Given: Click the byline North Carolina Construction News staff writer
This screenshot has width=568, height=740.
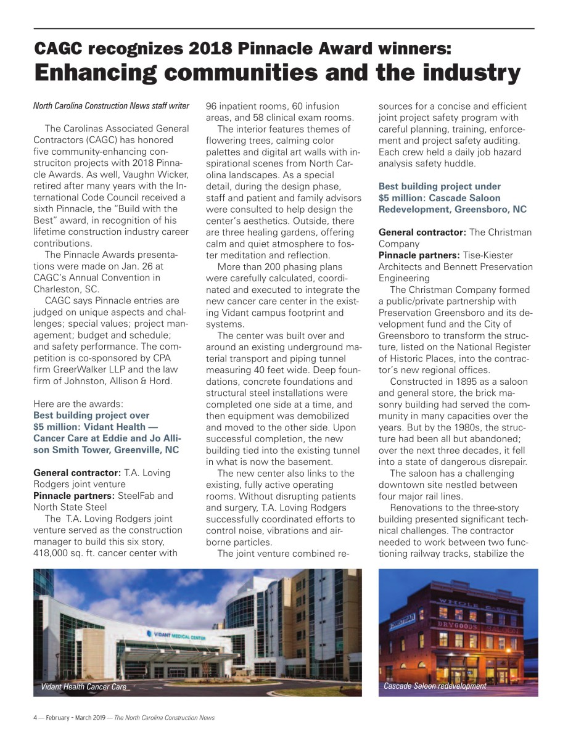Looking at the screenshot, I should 111,106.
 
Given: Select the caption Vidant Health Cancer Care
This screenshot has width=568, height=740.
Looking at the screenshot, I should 84,686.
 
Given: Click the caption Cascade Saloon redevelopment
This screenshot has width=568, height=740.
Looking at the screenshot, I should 435,686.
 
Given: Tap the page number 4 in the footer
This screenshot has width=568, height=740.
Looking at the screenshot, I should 35,718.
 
